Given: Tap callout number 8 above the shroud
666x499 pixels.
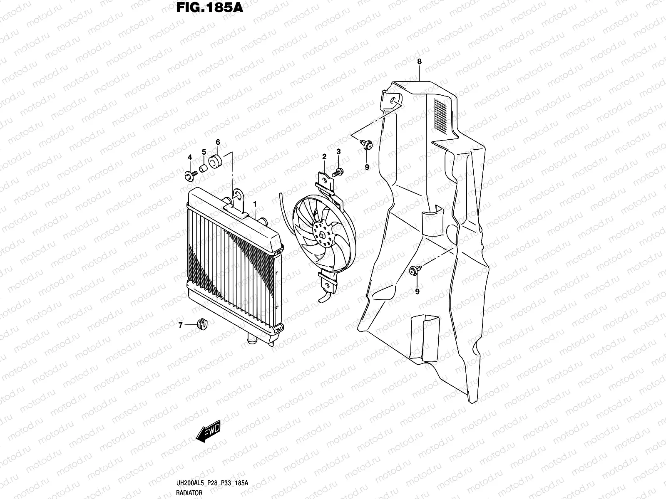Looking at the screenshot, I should pos(420,62).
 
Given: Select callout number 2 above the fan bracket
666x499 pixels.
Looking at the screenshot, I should pos(324,156).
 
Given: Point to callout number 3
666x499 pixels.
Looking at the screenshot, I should pos(338,152).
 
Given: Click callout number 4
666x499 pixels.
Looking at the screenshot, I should pos(190,157).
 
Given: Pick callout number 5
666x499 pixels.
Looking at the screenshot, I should pos(204,152).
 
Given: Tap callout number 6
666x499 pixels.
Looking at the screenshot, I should pos(218,142).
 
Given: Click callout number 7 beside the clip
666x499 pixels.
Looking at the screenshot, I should pos(181,326).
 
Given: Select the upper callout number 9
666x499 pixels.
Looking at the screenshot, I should pos(367,167).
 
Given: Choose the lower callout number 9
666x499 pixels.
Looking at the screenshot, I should pos(417,291).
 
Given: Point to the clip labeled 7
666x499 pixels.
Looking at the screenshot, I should pos(202,325).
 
